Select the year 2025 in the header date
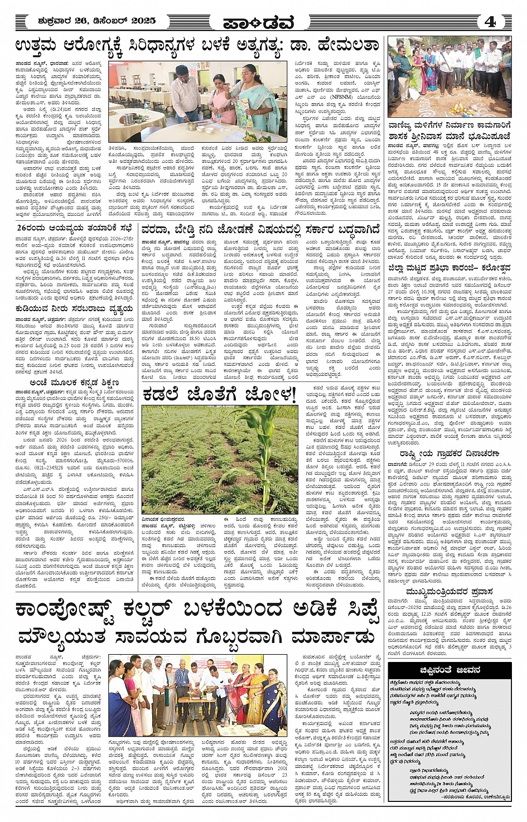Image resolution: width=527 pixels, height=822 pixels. pyautogui.click(x=143, y=21)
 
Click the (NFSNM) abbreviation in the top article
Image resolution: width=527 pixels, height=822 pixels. pyautogui.click(x=345, y=97)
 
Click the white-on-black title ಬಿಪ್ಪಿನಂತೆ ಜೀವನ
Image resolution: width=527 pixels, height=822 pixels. pyautogui.click(x=449, y=670)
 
